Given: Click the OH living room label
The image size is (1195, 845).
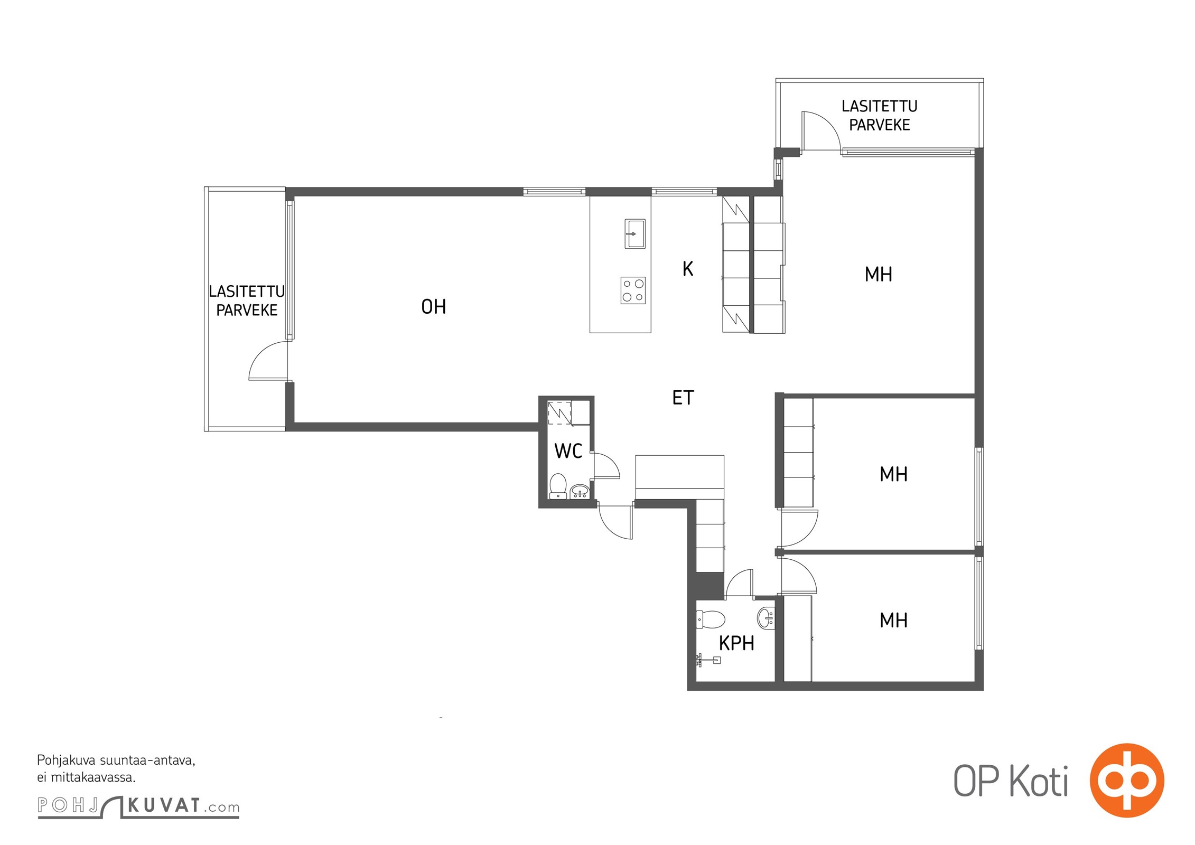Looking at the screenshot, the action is coord(433,307).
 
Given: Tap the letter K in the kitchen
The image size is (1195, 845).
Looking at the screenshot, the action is coord(687,269).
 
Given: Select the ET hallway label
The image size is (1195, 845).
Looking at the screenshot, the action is coord(683,398).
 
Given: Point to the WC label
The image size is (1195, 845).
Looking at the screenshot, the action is coord(568,451).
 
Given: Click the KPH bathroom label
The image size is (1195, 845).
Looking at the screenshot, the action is coord(736,643).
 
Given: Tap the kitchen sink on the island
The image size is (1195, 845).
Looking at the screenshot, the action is coord(634,233).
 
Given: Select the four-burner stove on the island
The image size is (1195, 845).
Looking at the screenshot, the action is coord(633,290).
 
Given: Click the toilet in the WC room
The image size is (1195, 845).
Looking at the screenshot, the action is coord(558,486).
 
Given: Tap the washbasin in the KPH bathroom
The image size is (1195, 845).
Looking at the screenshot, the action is coord(766,617).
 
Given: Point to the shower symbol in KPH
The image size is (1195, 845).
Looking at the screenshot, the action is coord(708,660).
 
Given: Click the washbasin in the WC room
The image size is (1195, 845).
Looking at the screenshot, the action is coord(580,491).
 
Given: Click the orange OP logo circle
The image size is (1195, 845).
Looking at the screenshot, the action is coord(1127,780).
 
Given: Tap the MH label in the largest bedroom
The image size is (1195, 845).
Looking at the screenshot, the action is coord(878,274).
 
